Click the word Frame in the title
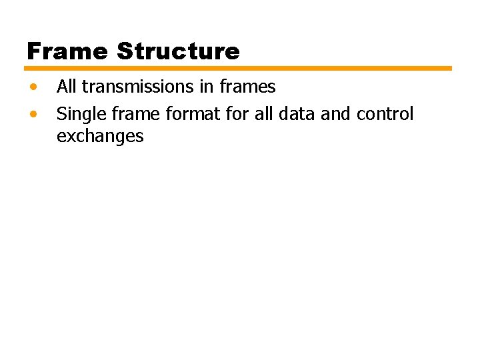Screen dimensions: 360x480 pos(67,51)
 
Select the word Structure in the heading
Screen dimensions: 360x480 pos(178,51)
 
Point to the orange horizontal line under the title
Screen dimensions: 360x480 pos(238,68)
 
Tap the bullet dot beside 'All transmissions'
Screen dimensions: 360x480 pos(33,87)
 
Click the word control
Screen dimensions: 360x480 pos(385,115)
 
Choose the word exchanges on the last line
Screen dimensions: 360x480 pos(100,137)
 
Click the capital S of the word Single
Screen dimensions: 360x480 pos(61,115)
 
